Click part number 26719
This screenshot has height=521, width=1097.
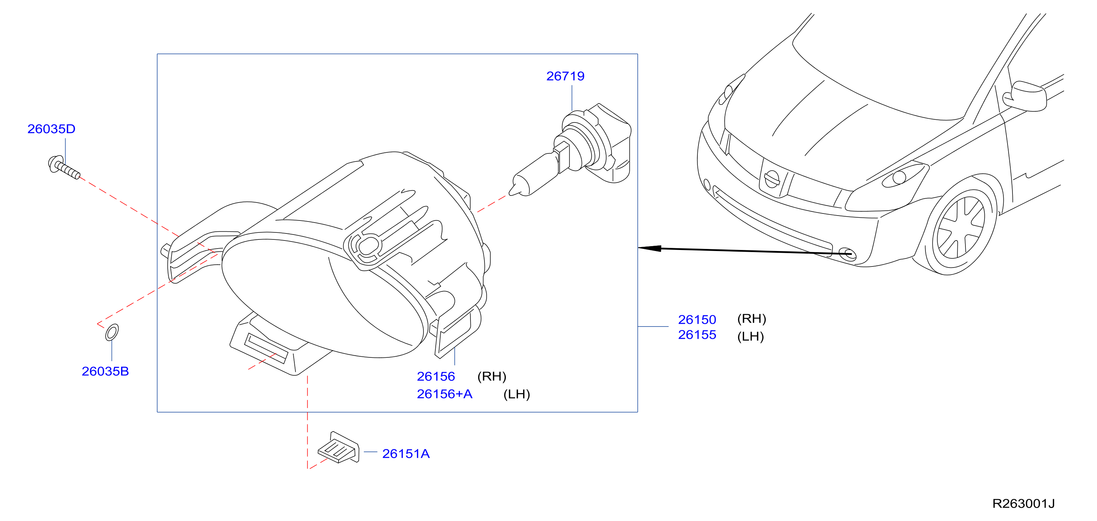coord(565,76)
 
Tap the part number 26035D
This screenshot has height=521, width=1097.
coord(51,128)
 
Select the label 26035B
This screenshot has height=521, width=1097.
coord(105,371)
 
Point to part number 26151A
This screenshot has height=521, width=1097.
coord(406,454)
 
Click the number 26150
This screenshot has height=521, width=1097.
coord(697,319)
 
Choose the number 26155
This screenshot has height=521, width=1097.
coord(697,335)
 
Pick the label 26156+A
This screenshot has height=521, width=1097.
coord(444,394)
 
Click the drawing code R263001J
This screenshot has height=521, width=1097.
coord(1023,503)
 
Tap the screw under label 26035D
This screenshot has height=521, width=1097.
coord(64,167)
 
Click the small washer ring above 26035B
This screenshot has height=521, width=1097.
coord(112,332)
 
